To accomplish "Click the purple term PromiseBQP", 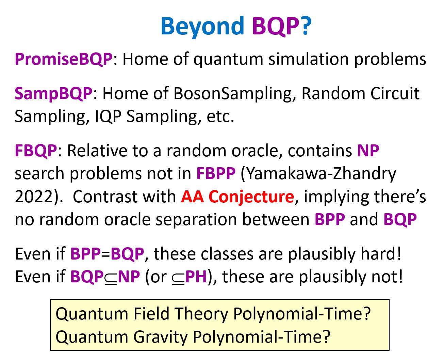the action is pyautogui.click(x=64, y=59).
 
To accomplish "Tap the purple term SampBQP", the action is pyautogui.click(x=53, y=94).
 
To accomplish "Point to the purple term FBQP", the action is pyautogui.click(x=36, y=151).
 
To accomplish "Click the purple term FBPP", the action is pyautogui.click(x=216, y=173).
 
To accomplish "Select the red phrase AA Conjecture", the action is pyautogui.click(x=237, y=197).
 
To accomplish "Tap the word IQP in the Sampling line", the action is pyautogui.click(x=108, y=116).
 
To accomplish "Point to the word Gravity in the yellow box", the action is pyautogui.click(x=161, y=337).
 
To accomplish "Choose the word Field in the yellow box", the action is pyautogui.click(x=151, y=314).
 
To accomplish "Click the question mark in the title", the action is pyautogui.click(x=305, y=26).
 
